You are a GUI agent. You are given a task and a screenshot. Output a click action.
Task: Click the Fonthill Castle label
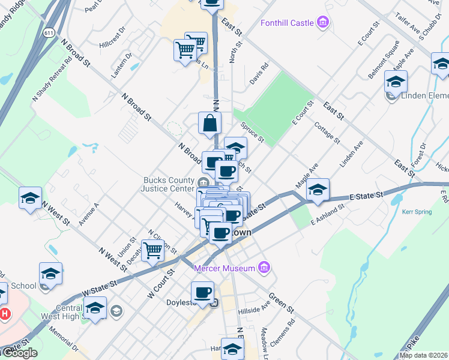tap(287, 23)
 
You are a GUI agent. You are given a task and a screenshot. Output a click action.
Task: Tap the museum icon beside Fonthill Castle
tap(324, 23)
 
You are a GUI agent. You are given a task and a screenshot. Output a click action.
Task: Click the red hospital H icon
tap(5, 313)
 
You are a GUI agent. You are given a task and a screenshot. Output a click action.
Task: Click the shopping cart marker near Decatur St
tap(153, 250)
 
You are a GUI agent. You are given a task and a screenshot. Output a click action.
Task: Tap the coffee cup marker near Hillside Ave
tap(202, 293)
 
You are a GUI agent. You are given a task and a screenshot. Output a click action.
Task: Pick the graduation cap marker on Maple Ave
tap(318, 190)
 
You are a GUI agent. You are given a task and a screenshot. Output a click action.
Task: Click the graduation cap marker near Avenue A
tap(29, 198)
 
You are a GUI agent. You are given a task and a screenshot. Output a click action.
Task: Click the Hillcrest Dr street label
tap(113, 37)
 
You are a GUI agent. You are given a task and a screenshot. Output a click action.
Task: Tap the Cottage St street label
tap(327, 132)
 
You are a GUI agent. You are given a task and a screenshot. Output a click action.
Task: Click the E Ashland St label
tap(327, 214)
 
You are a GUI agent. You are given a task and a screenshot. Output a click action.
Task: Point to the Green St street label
tap(281, 302)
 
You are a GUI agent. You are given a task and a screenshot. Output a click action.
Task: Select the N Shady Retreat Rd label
tap(52, 85)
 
